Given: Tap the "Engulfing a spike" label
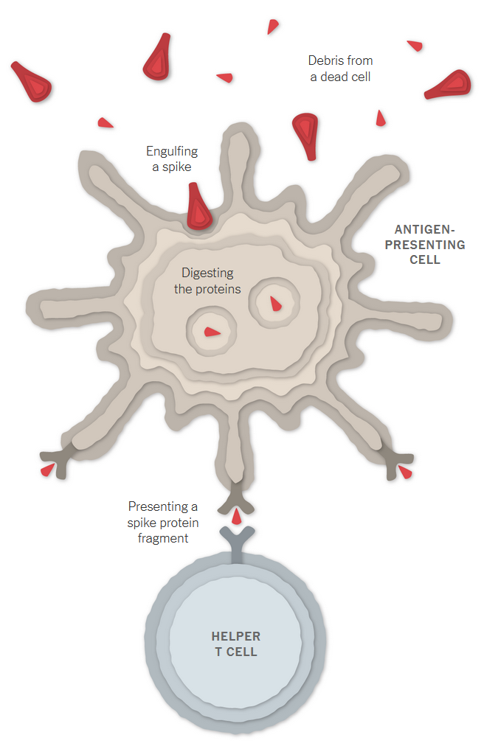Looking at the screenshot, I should click(172, 158).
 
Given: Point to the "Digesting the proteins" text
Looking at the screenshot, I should click(207, 281).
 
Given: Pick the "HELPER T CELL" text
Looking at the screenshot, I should click(236, 644).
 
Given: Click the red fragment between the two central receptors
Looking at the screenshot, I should click(236, 516).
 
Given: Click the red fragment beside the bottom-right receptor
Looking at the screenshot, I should click(405, 473).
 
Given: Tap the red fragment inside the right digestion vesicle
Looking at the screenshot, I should click(275, 302).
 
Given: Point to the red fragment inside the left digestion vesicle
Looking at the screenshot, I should click(212, 332).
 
